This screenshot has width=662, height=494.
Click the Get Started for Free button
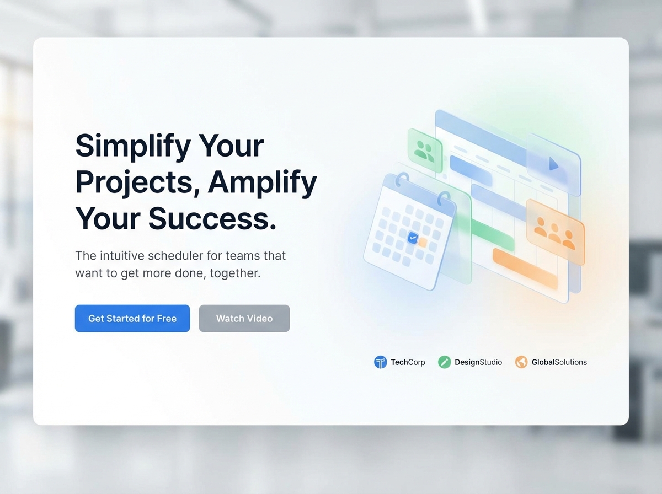[132, 319]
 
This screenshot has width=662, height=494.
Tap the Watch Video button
[244, 319]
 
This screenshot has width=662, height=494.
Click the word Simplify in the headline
[132, 146]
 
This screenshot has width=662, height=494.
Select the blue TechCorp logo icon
[380, 362]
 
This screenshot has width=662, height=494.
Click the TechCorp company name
[408, 362]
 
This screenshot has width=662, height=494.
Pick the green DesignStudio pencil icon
[444, 362]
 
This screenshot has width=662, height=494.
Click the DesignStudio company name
[478, 362]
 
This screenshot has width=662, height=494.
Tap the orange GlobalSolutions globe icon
[521, 362]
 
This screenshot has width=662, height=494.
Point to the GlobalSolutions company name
[559, 362]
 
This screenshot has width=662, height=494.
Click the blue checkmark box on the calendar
[413, 238]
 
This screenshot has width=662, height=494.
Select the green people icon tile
[425, 149]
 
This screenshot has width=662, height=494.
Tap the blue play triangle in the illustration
[553, 164]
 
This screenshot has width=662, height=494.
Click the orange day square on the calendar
[423, 242]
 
